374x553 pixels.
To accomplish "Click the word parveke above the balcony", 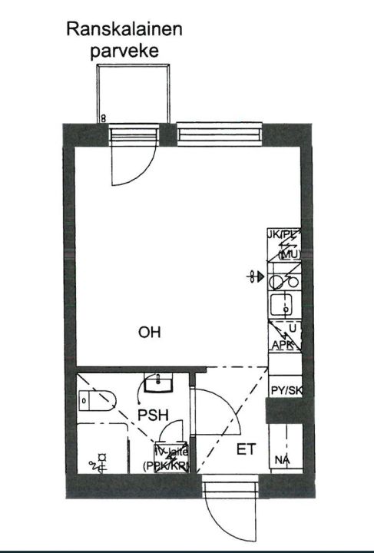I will tap(124, 51).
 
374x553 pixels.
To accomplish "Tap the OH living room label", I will tap(150, 333).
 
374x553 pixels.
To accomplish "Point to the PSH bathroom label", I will tap(152, 415).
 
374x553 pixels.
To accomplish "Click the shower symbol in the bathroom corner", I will tap(98, 462).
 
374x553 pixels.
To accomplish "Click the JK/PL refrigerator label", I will tap(283, 233).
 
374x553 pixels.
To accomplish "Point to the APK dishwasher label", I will tap(283, 346).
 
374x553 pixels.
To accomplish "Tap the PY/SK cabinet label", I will tap(286, 391).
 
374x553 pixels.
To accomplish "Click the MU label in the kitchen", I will tap(289, 254).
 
